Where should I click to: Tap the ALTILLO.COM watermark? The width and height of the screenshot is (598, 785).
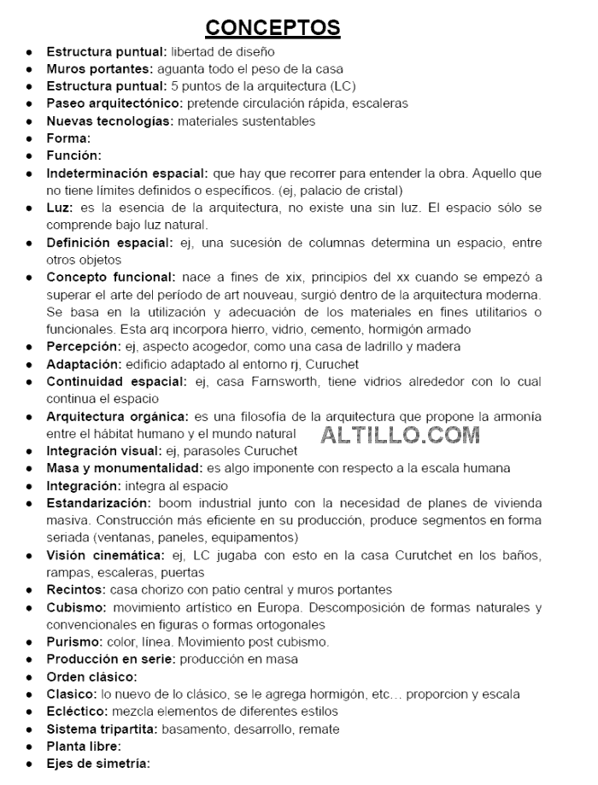[401, 435]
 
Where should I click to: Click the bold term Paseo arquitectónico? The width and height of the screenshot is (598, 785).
[114, 103]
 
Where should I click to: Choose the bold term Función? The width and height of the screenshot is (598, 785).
[73, 155]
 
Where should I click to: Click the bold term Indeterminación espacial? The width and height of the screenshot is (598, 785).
[127, 173]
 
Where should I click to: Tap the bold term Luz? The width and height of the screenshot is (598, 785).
[60, 208]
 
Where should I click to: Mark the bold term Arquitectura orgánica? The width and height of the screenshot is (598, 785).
[117, 417]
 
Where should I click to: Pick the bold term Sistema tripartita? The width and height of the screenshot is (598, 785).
[102, 729]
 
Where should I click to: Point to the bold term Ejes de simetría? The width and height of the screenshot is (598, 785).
[98, 764]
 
